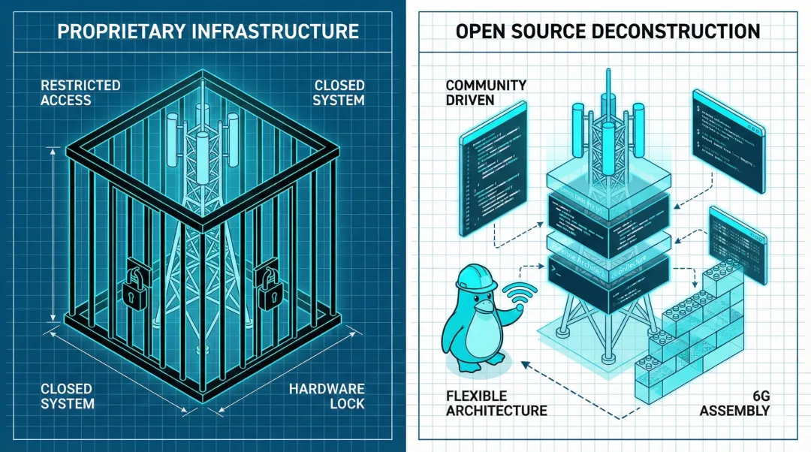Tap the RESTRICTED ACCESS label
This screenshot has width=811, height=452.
point(80,92)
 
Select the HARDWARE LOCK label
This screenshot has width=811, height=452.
point(327,396)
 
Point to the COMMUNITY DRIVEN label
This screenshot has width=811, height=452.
point(486,92)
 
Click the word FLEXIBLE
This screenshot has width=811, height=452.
point(476,396)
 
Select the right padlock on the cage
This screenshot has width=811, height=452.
point(268,286)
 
